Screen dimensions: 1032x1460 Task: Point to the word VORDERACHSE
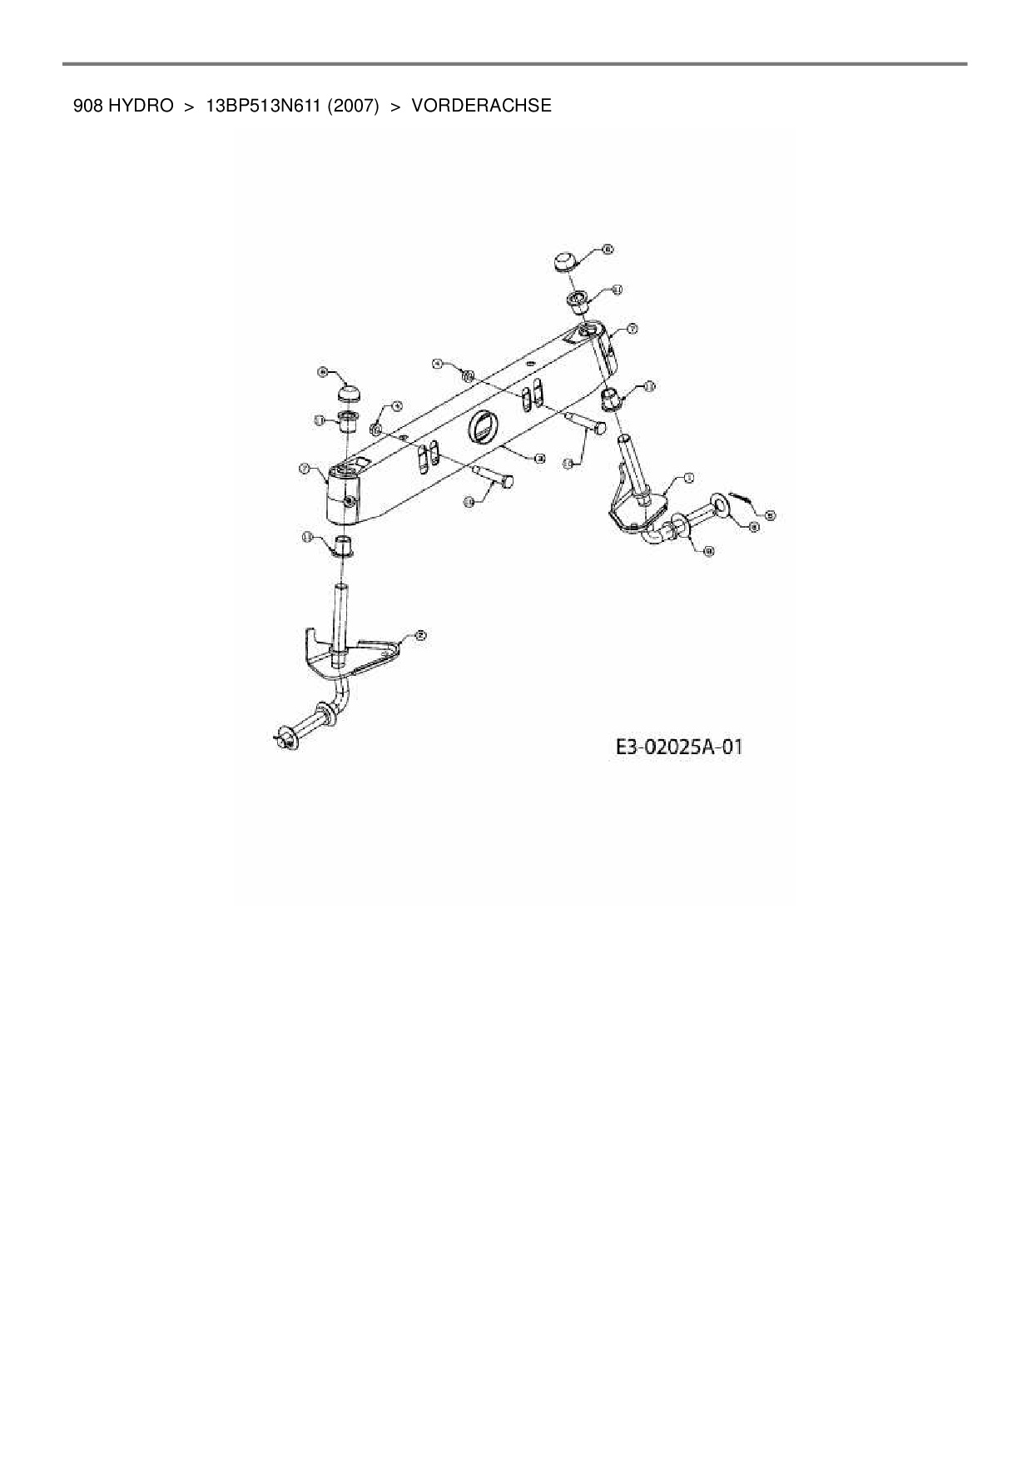point(481,106)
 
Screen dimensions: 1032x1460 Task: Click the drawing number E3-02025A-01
point(678,747)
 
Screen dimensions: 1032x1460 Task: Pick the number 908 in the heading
point(87,106)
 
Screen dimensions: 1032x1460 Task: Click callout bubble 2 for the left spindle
point(420,635)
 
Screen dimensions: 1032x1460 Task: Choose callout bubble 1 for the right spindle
point(688,478)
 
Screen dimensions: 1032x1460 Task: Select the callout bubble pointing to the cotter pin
point(770,515)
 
